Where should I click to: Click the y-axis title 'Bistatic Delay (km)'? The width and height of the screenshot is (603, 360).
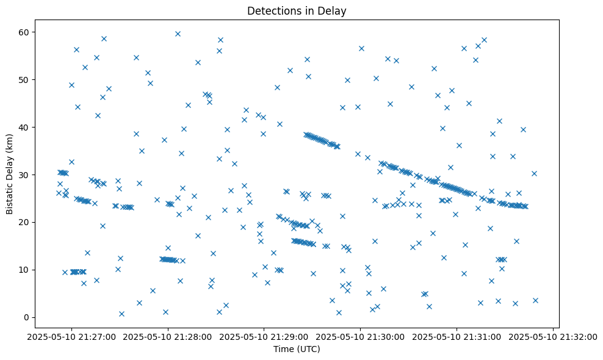pos(10,174)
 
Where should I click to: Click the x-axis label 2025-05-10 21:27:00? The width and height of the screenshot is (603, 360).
pos(71,336)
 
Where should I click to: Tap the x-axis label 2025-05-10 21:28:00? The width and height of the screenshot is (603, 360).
pos(168,336)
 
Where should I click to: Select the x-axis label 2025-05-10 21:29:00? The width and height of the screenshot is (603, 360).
pos(264,336)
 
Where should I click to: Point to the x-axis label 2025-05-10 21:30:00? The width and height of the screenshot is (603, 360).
pos(361,336)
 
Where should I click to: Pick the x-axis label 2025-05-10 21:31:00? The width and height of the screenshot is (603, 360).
pos(457,336)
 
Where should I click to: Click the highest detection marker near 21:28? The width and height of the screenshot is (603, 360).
pos(178,34)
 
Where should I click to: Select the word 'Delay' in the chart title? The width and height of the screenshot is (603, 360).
pos(334,10)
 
